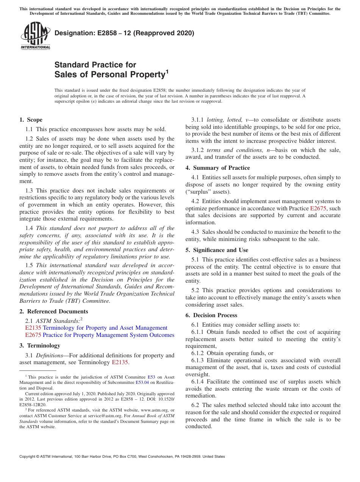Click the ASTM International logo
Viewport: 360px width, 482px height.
35,36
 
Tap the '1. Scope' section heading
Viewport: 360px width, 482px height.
31,120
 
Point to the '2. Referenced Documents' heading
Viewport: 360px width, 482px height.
53,311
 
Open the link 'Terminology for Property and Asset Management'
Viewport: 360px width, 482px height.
105,328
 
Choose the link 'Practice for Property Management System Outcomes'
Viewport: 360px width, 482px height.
108,335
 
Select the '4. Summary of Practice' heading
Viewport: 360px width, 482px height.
218,168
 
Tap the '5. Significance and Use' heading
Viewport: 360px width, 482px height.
217,250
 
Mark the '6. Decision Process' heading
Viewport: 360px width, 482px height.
211,315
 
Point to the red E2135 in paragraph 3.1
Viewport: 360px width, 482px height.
120,362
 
